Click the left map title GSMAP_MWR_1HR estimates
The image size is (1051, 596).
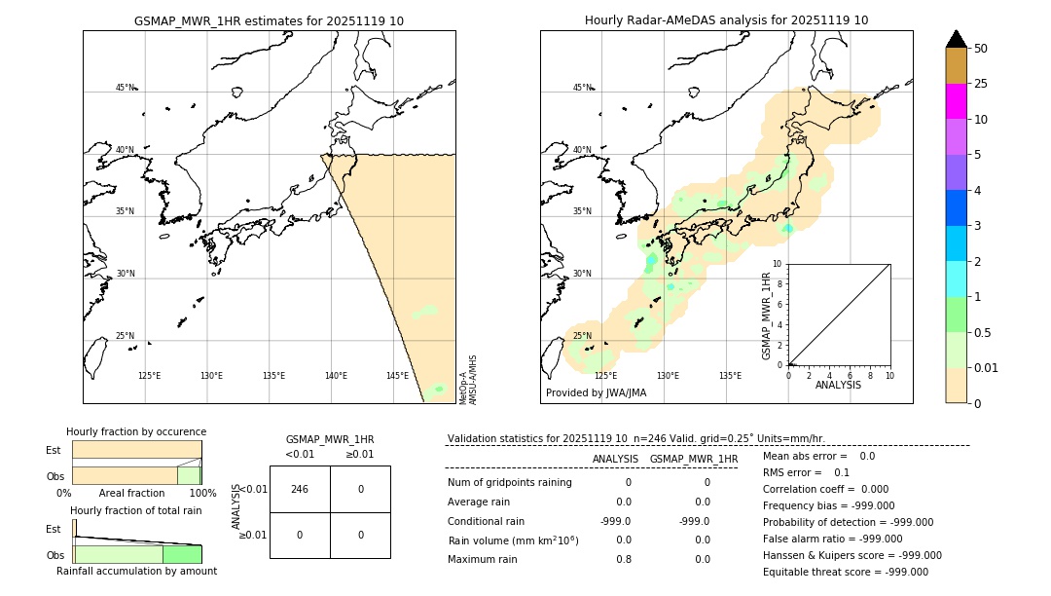tap(269, 20)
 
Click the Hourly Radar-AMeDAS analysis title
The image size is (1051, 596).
tap(726, 20)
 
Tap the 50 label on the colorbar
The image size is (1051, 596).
tap(981, 49)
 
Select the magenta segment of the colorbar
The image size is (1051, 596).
tap(956, 101)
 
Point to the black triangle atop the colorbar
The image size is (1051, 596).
tap(956, 39)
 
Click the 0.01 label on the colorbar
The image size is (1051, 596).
tap(987, 367)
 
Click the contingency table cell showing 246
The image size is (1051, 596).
tap(300, 489)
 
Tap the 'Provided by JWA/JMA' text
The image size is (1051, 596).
tap(596, 393)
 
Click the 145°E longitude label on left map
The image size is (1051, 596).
tap(397, 376)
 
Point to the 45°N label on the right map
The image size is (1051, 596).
tap(582, 88)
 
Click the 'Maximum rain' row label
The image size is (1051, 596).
tap(484, 559)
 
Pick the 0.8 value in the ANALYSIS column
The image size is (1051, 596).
tap(623, 559)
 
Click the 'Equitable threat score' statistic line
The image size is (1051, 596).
tap(845, 572)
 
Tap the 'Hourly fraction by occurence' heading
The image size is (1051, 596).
tap(136, 431)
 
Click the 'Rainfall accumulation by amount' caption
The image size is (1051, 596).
tap(136, 571)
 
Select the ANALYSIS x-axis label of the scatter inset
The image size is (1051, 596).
tap(838, 385)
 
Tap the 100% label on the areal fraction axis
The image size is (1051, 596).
tap(202, 493)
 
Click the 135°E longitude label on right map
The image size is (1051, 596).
tap(730, 376)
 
